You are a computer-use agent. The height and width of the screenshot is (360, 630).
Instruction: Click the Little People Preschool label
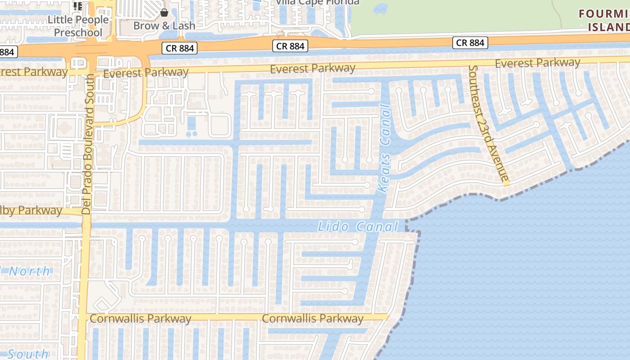(x=78, y=26)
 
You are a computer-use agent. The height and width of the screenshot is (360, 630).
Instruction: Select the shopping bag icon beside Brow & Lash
(x=164, y=13)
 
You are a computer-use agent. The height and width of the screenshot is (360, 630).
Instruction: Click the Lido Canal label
(x=358, y=226)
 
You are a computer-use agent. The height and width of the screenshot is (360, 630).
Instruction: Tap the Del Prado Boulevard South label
(x=88, y=144)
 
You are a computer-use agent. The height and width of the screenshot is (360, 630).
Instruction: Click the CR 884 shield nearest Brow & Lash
(x=180, y=48)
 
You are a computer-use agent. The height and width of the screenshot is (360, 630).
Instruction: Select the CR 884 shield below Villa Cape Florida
(x=291, y=46)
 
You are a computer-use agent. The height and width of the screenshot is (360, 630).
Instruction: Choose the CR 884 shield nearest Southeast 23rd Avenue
(x=470, y=43)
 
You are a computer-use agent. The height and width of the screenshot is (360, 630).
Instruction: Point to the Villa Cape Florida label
(x=317, y=2)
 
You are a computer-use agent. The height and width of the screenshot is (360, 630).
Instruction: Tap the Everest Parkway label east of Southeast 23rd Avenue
(x=537, y=63)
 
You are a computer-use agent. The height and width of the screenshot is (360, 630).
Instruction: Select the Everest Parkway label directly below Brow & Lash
(x=146, y=72)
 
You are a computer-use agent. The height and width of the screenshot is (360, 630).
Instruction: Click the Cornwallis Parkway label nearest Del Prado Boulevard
(x=140, y=319)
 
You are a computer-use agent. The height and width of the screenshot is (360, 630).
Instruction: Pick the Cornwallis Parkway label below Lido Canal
(x=312, y=319)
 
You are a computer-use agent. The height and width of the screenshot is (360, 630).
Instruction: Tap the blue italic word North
(x=29, y=271)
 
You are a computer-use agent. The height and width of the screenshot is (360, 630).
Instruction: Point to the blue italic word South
(x=28, y=354)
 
